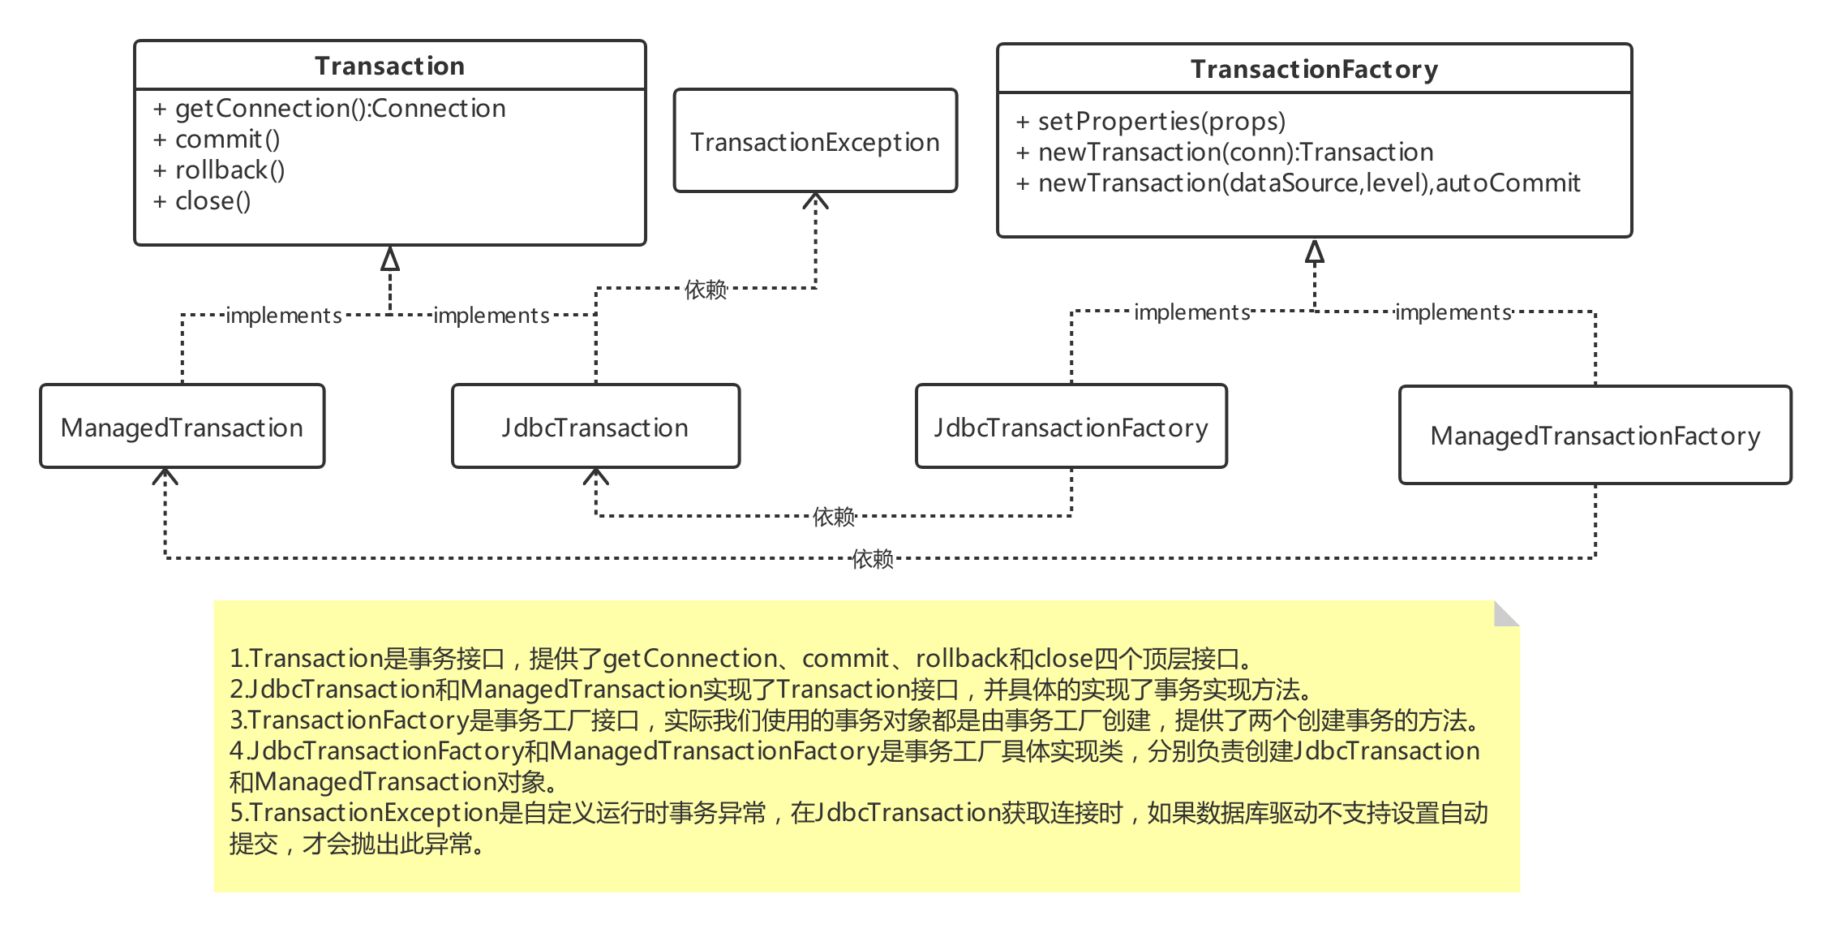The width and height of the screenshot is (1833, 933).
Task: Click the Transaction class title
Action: (389, 66)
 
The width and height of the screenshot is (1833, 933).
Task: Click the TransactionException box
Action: (815, 142)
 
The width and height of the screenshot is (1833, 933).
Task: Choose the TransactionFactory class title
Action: (1314, 70)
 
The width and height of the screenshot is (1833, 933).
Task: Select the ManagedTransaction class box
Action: (182, 428)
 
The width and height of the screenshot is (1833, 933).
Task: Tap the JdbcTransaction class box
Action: (595, 428)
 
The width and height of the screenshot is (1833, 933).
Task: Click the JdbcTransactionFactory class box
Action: (1071, 428)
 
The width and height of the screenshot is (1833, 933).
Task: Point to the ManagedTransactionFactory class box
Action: (1595, 436)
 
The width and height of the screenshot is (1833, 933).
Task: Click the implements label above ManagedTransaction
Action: (284, 315)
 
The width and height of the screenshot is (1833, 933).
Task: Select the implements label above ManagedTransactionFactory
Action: (1453, 312)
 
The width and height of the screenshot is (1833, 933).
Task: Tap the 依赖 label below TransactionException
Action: (705, 289)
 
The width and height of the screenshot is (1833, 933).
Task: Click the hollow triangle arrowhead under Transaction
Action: (390, 260)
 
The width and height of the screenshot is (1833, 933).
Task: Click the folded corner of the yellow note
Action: (1507, 613)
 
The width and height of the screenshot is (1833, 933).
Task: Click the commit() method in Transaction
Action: (227, 140)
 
